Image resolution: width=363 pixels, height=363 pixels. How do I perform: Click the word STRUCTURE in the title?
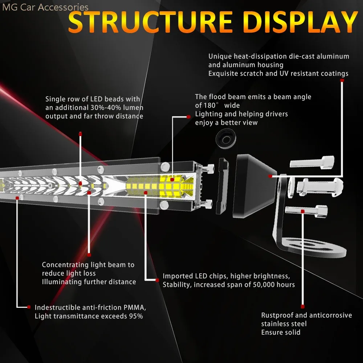tap(149, 23)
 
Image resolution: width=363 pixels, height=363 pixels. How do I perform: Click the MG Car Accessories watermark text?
tap(45, 7)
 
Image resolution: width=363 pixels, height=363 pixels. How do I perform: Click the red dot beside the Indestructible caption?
tap(29, 307)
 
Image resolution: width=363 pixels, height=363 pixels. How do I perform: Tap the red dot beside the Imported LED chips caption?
tap(158, 280)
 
